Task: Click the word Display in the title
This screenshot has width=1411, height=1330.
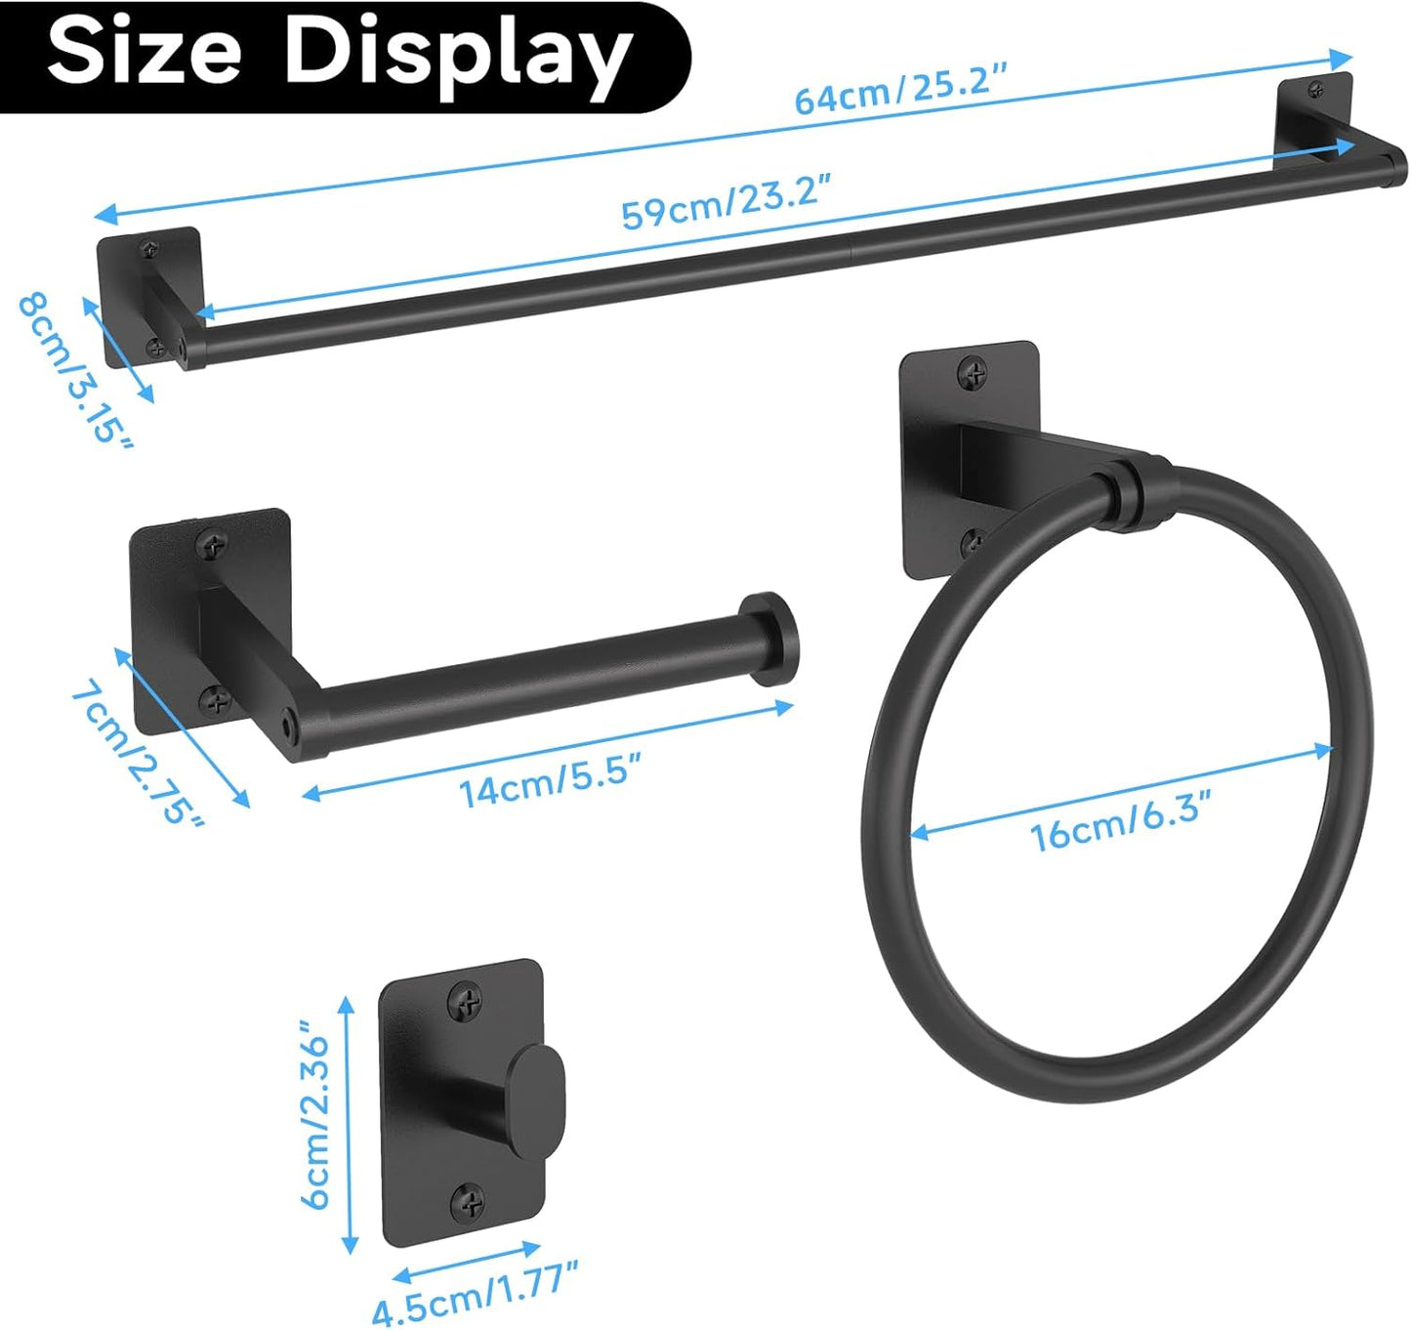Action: click(457, 55)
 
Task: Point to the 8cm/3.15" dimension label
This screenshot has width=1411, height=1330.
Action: click(74, 368)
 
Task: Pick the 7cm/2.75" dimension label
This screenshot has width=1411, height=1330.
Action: click(138, 752)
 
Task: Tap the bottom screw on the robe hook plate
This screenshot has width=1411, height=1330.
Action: click(468, 1199)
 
